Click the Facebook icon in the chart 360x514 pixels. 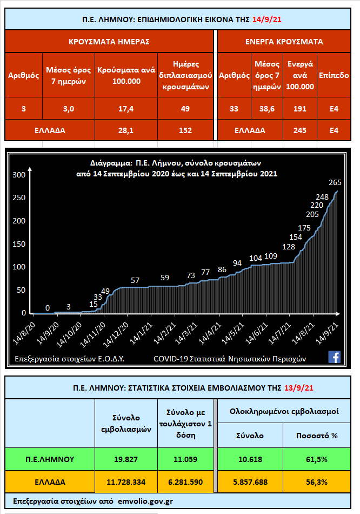334,357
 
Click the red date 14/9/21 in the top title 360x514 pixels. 267,19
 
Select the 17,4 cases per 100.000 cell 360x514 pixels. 126,109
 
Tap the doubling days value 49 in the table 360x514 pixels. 185,109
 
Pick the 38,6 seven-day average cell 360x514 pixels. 268,109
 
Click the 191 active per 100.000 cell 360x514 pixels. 300,109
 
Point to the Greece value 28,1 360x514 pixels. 126,130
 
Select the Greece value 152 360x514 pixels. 185,130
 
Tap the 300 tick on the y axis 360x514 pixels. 19,175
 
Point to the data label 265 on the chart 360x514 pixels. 338,182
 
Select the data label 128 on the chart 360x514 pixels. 289,247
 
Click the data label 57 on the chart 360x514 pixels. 135,280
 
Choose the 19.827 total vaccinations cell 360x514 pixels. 126,459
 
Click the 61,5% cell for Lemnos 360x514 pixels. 319,459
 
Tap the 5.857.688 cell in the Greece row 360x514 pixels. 249,482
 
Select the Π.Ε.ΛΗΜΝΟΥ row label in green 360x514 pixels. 50,459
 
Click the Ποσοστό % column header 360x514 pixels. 319,436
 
